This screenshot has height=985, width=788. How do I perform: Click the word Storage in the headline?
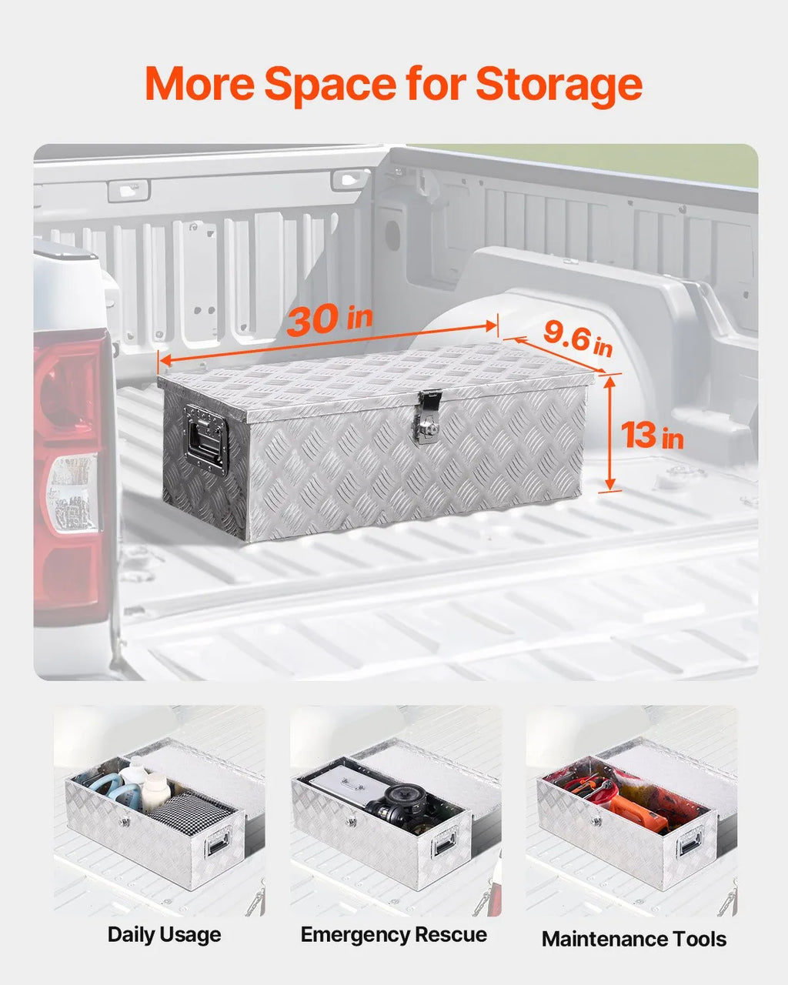click(559, 86)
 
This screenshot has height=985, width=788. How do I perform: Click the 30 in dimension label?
click(330, 319)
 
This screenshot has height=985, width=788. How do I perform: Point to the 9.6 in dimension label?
click(578, 339)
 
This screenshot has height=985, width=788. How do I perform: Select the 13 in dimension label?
click(652, 436)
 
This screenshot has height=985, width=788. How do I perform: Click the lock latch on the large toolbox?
click(428, 416)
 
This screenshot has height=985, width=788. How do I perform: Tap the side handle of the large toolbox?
click(205, 439)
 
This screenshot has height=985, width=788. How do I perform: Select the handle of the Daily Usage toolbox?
click(219, 843)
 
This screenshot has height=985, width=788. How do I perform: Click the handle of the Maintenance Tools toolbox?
click(690, 843)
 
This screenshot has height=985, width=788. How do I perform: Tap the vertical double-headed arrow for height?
click(609, 433)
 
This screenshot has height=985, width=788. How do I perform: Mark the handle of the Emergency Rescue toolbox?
click(445, 843)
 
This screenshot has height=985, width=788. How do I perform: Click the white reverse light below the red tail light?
click(72, 492)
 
